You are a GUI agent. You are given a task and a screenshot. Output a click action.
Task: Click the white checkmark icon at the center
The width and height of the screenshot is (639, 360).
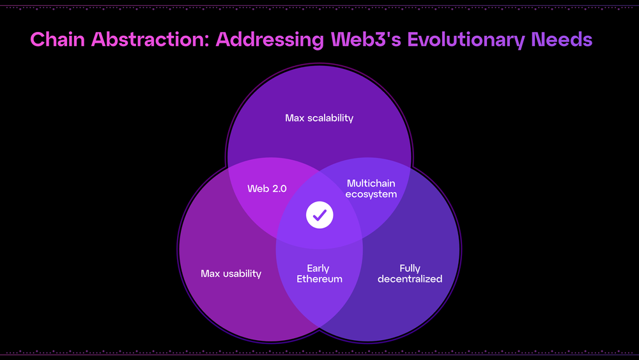[319, 215]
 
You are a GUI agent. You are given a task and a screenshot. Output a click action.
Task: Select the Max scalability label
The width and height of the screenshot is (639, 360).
[319, 118]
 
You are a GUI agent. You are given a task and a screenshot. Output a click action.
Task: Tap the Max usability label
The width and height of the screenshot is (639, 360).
[231, 274]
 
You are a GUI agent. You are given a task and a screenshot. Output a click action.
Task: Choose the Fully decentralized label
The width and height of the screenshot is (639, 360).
[410, 274]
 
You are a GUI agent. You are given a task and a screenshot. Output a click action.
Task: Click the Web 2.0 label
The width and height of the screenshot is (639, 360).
[267, 189]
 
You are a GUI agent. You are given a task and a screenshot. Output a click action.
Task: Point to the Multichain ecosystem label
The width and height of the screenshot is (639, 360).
[371, 189]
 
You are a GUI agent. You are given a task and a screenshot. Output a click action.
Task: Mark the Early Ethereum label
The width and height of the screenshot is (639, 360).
[319, 274]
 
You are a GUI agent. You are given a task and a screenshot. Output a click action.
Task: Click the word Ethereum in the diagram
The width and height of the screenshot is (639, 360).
[319, 279]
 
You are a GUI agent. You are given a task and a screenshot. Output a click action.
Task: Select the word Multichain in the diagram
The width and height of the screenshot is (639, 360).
[371, 184]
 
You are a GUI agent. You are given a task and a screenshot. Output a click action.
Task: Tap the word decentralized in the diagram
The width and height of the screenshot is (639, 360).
[410, 279]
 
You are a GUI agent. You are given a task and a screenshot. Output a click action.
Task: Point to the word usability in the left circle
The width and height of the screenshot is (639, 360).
[242, 274]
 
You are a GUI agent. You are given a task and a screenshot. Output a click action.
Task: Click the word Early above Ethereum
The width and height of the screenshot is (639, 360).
[318, 268]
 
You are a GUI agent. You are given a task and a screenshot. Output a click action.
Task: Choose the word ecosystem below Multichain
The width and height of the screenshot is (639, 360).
[371, 194]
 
